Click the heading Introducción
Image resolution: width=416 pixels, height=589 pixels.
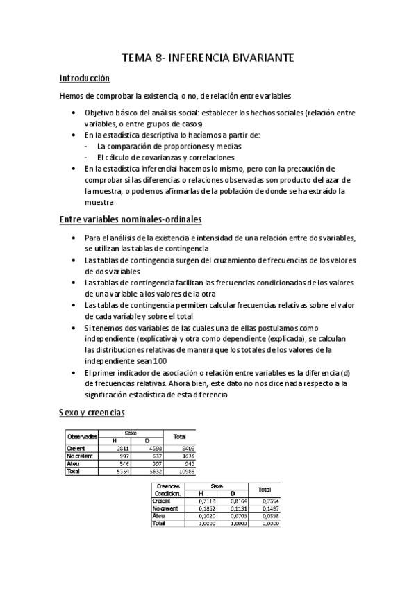point(85,78)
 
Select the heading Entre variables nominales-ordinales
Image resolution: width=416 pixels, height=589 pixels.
point(131,220)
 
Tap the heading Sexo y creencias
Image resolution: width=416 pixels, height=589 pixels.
point(92,413)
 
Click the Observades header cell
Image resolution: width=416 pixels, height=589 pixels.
point(81,436)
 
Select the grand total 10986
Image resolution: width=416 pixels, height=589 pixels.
point(185,471)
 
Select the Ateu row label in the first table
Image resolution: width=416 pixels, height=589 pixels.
point(74,464)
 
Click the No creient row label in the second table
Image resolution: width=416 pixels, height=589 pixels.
point(165,508)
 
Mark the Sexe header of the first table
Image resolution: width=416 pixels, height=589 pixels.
point(131,432)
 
